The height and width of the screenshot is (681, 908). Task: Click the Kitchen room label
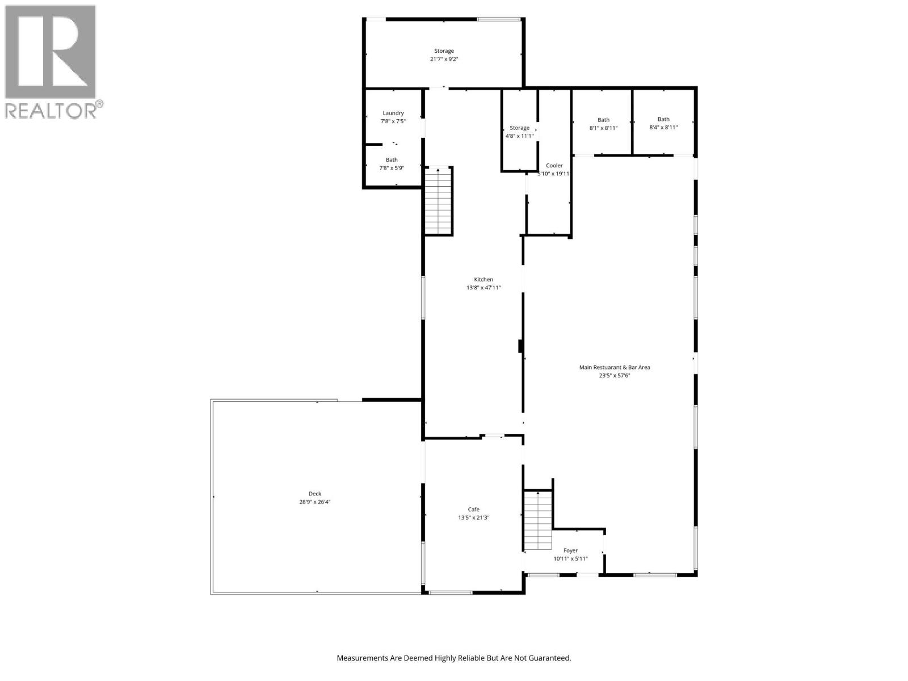484,279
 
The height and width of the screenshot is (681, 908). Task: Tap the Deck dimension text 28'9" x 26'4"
315,502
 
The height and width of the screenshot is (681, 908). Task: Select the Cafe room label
473,509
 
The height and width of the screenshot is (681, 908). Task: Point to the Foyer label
570,550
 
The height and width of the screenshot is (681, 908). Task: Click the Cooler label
554,166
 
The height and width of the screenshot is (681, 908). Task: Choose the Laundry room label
393,113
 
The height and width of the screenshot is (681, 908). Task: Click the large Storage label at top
444,51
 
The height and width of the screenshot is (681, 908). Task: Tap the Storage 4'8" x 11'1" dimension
519,136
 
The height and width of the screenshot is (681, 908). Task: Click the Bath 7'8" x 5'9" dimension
392,168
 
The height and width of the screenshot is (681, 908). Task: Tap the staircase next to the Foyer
537,520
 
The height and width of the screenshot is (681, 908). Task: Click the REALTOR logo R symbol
50,52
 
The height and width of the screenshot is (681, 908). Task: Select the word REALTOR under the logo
50,110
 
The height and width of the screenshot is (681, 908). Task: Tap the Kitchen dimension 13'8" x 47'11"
484,288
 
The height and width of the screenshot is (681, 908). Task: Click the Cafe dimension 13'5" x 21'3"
473,518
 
